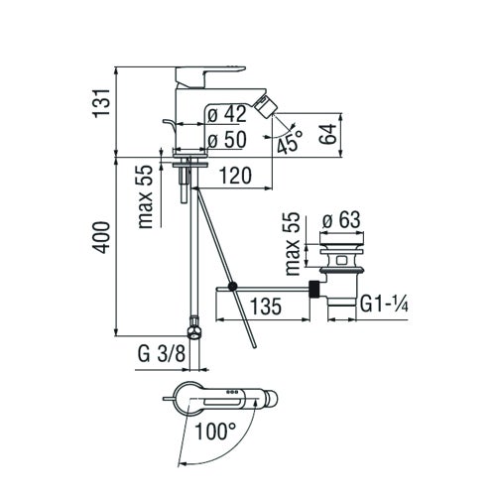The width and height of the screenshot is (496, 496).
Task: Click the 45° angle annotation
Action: click(290, 146)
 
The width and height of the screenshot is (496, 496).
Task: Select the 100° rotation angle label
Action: click(215, 432)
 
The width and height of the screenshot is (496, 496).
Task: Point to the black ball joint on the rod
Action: click(230, 287)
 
